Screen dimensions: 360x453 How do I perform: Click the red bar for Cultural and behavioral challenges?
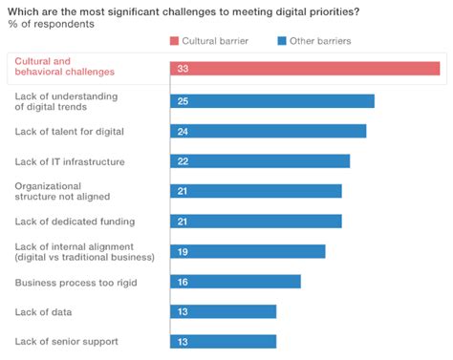tap(305, 69)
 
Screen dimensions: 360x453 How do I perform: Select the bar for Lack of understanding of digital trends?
tap(272, 101)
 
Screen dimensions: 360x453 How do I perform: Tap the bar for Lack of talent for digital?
tap(269, 131)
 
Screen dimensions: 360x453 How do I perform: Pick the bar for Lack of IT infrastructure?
tap(260, 161)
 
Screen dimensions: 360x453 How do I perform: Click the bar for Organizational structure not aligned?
tap(256, 191)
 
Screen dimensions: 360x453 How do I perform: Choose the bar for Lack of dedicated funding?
tap(256, 222)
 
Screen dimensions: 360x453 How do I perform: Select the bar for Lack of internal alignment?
tap(248, 251)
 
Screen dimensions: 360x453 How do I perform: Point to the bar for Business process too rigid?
tap(235, 282)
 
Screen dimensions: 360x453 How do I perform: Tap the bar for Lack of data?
tap(224, 311)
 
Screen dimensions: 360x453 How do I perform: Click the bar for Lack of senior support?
tap(224, 341)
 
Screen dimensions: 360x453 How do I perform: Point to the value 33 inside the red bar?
tap(183, 69)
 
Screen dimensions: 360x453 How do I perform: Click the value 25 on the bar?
tap(183, 101)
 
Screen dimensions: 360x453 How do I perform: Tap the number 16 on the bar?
tap(183, 282)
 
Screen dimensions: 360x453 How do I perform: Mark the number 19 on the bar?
tap(183, 251)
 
